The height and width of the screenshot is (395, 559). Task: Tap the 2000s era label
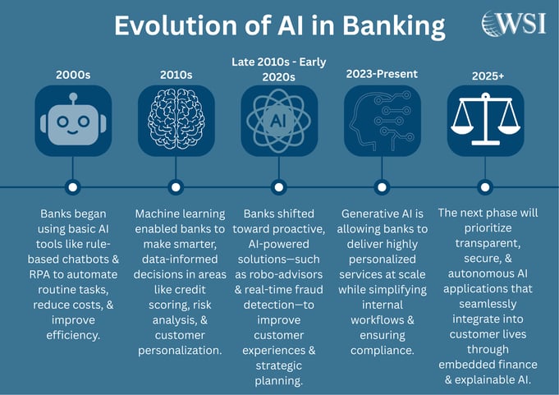coord(73,75)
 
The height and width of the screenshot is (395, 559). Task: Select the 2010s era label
coord(176,75)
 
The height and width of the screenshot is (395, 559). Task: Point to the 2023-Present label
coord(382,73)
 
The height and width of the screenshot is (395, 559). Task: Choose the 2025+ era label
coord(485,75)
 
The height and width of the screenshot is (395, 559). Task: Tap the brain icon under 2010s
coord(176,121)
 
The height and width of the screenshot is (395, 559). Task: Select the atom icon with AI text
coord(279,121)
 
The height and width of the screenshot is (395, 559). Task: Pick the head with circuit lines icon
coord(382,121)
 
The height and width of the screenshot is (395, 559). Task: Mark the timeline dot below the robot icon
coord(73,186)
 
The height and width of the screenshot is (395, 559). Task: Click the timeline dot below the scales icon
coord(485,186)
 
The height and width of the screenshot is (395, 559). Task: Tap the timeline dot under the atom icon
coord(279,186)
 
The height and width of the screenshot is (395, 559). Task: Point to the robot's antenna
coord(73,98)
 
